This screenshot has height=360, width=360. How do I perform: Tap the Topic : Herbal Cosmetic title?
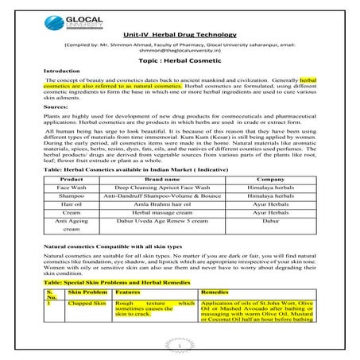tap(180, 60)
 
